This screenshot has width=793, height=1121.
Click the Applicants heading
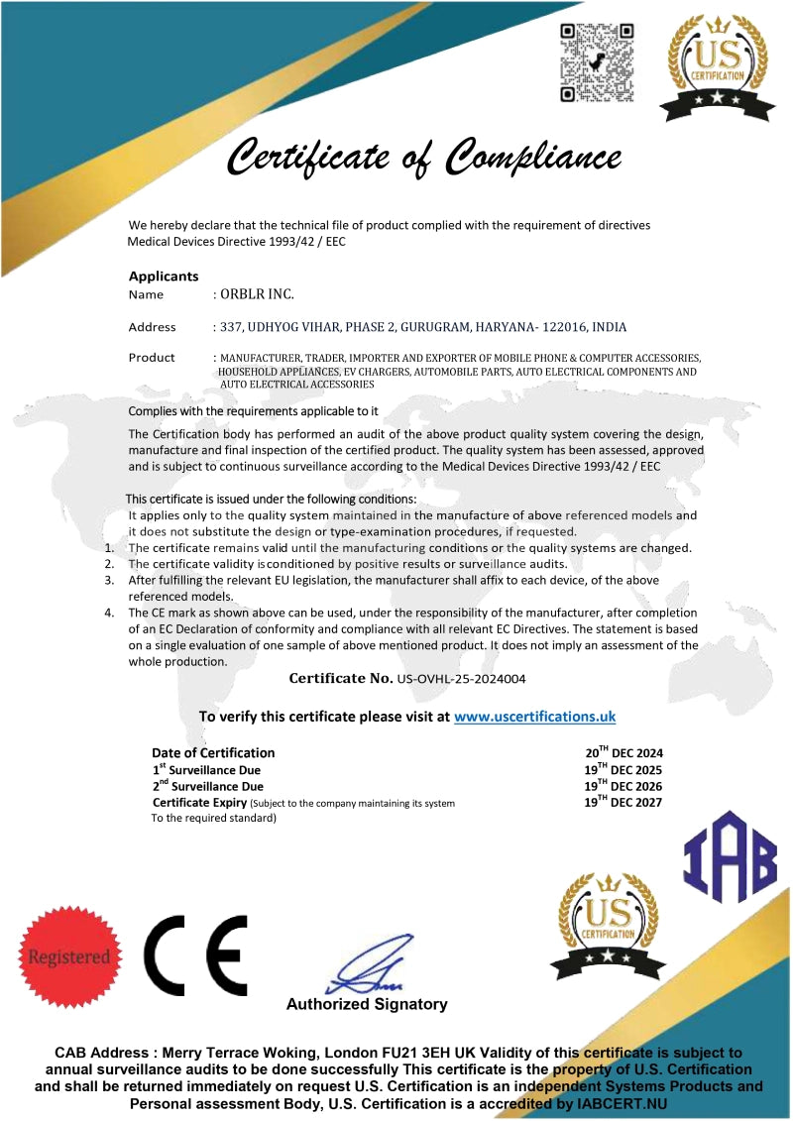164,277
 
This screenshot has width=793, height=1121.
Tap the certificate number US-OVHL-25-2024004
461,680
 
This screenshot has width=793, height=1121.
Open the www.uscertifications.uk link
535,716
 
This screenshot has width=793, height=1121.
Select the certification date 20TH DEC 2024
623,753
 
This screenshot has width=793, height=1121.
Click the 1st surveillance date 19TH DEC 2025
623,770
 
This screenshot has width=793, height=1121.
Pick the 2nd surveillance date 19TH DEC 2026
623,787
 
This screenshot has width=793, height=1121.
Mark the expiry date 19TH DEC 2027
623,803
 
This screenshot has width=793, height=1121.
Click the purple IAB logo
731,856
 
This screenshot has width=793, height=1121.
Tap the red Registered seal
69,956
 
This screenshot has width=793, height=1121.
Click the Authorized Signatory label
367,1005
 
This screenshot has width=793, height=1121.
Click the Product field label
152,358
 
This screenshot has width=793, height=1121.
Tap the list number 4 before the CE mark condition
109,613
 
